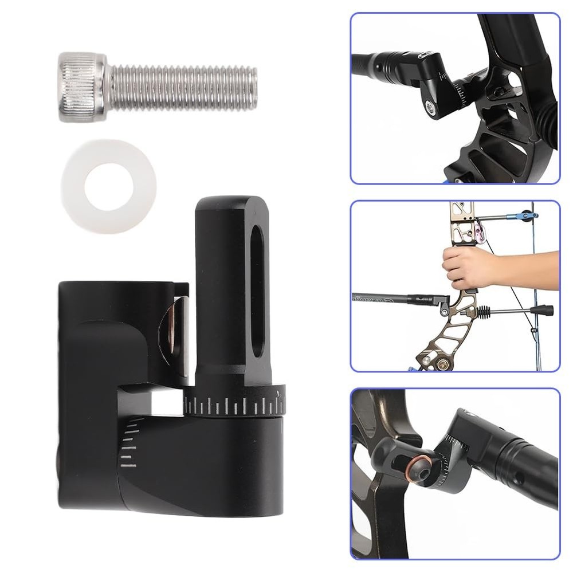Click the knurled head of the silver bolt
[x=82, y=87]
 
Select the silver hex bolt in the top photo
[x=430, y=105]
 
